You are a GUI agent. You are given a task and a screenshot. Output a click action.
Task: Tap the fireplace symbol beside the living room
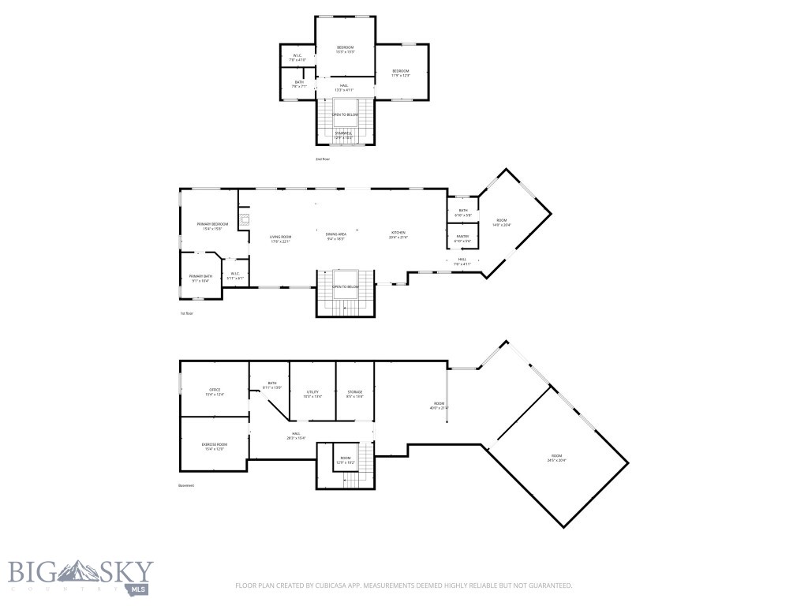(x=245, y=220)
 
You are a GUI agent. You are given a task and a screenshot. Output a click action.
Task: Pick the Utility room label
(x=312, y=393)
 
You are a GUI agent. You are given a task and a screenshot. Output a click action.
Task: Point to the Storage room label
(x=354, y=393)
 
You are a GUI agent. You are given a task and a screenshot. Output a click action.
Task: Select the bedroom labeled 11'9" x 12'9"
(x=401, y=73)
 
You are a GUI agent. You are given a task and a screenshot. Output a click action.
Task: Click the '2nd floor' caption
(x=322, y=159)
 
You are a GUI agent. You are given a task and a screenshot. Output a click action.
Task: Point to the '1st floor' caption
(x=186, y=313)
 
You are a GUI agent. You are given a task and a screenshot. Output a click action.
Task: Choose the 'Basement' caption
(x=186, y=486)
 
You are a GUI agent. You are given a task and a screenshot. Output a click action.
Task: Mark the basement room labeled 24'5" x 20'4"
(x=557, y=458)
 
